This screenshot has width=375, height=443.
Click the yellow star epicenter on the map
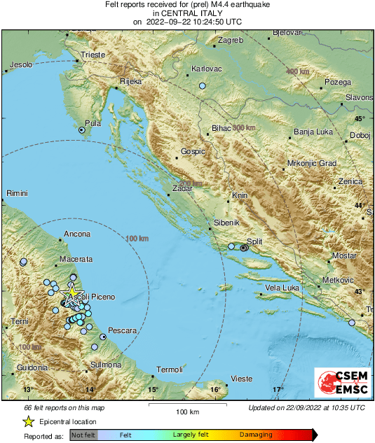(x=71, y=293)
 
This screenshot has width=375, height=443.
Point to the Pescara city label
(x=122, y=330)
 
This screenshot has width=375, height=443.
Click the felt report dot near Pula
(x=82, y=130)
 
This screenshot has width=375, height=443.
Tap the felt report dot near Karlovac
(x=202, y=86)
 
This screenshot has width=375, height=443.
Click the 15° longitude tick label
(x=153, y=389)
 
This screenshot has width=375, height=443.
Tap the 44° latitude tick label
(x=359, y=205)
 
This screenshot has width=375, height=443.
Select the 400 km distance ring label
(x=297, y=72)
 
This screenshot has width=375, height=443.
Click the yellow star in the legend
(x=28, y=421)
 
